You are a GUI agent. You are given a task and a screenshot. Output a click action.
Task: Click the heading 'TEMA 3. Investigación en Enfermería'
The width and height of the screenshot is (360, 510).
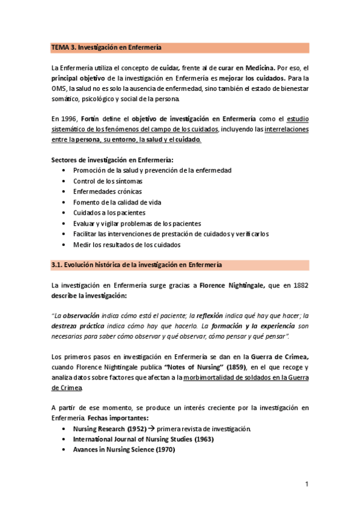107,47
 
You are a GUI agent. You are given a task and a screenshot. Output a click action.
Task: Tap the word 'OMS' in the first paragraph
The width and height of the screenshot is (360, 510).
58,88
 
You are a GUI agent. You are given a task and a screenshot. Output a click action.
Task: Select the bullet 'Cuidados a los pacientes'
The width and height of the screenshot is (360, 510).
109,213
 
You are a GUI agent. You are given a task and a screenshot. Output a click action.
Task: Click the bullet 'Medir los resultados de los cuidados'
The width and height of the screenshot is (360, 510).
127,245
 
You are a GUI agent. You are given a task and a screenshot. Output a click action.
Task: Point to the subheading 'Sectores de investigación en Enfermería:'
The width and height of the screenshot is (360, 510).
112,160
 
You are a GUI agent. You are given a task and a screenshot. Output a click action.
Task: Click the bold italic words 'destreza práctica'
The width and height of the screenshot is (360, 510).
77,325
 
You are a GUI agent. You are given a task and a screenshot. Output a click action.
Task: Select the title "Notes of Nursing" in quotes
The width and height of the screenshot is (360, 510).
188,366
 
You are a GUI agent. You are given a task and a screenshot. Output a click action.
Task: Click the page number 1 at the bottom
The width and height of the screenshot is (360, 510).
307,485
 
